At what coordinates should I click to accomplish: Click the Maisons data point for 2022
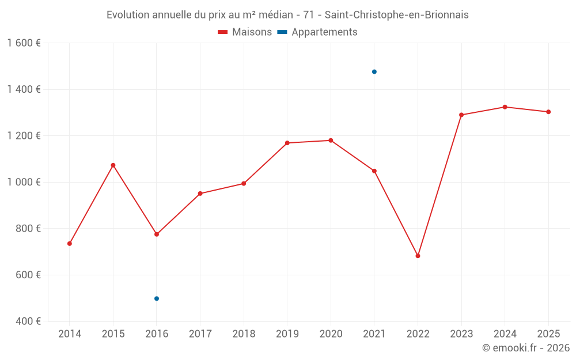tap(418, 256)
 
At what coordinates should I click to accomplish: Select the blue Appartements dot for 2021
tap(374, 72)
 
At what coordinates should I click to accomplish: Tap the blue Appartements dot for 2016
tap(157, 298)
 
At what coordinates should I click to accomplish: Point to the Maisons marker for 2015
tap(113, 165)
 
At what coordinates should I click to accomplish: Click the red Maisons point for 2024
tap(505, 107)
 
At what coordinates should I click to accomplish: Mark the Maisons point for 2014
tap(70, 244)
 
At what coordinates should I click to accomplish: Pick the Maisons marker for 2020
tap(331, 141)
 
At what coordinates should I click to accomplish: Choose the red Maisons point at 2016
tap(157, 234)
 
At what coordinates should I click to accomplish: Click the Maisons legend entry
tap(245, 32)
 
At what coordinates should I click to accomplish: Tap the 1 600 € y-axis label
tap(24, 43)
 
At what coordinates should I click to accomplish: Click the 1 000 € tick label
tap(24, 182)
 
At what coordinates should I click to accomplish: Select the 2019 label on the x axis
tap(287, 334)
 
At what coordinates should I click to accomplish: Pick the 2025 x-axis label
tap(548, 334)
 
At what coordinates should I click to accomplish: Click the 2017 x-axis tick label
tap(200, 334)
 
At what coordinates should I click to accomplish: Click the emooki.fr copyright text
tap(525, 348)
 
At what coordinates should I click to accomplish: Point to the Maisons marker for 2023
tap(461, 115)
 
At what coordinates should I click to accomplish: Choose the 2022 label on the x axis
tap(418, 334)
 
